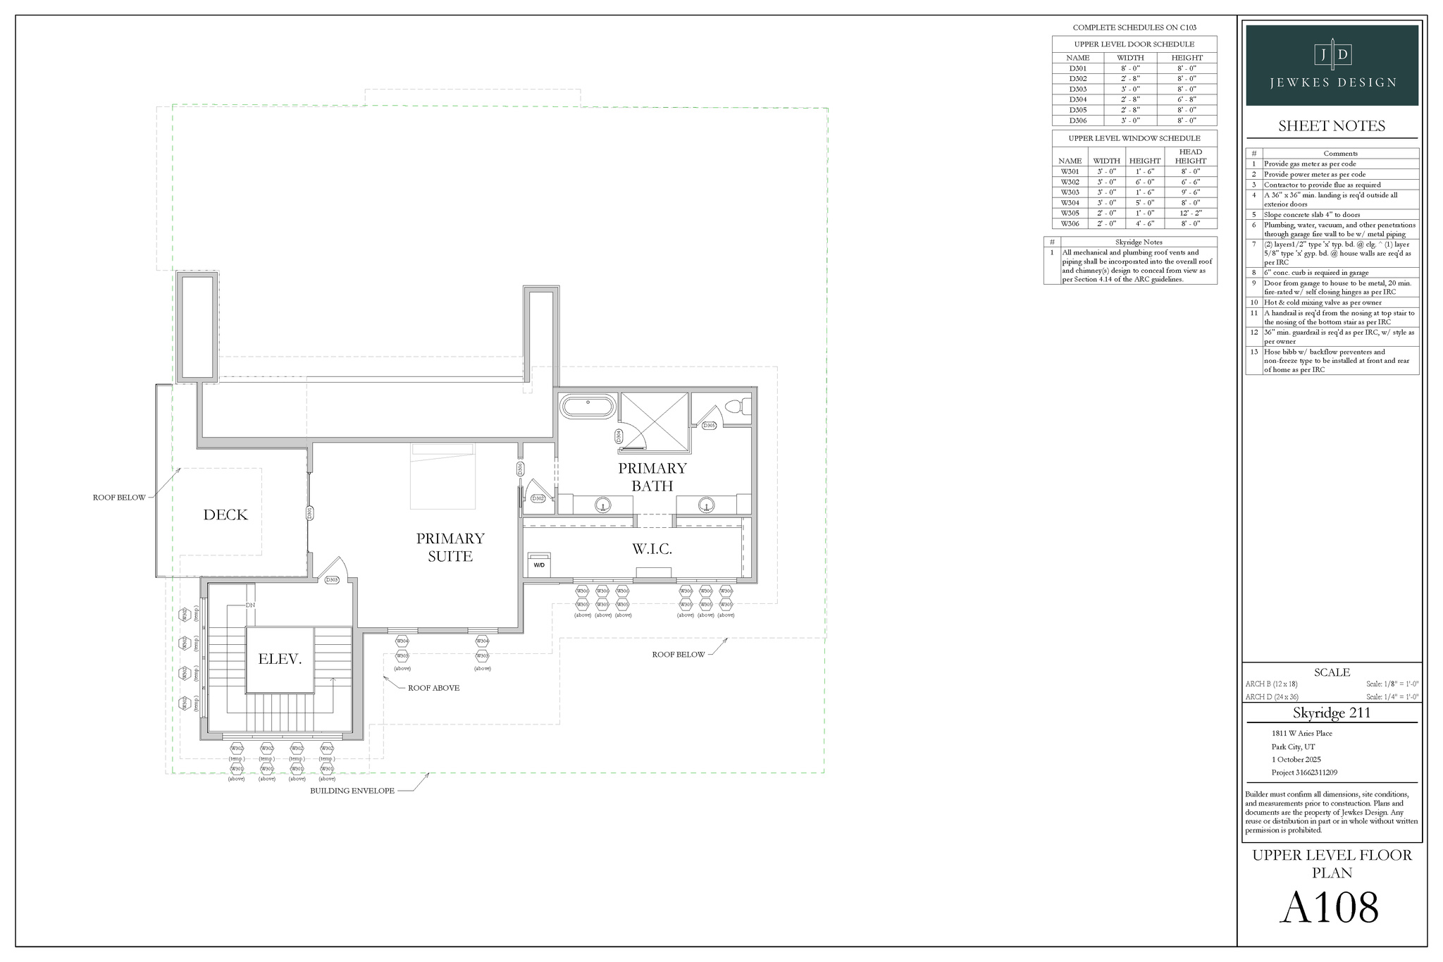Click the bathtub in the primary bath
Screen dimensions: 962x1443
588,407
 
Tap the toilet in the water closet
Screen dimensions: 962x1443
736,407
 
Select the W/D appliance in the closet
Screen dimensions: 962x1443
539,565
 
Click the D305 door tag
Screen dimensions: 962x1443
710,426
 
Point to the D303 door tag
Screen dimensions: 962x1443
332,580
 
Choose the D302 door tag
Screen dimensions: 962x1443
538,498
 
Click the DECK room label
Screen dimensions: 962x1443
225,515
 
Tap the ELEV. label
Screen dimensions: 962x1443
280,660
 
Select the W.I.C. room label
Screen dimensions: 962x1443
652,549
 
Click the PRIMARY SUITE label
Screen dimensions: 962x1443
450,548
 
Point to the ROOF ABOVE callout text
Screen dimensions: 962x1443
433,688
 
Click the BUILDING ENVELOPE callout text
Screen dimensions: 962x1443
352,791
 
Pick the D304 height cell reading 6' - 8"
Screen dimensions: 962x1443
1187,99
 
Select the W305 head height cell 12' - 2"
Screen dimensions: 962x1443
1190,213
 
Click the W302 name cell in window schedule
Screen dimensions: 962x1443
1070,182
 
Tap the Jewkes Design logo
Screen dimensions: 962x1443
1332,65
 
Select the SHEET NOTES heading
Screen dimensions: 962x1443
1332,126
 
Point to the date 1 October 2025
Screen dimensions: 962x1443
1296,760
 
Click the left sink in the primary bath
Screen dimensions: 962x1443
602,505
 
